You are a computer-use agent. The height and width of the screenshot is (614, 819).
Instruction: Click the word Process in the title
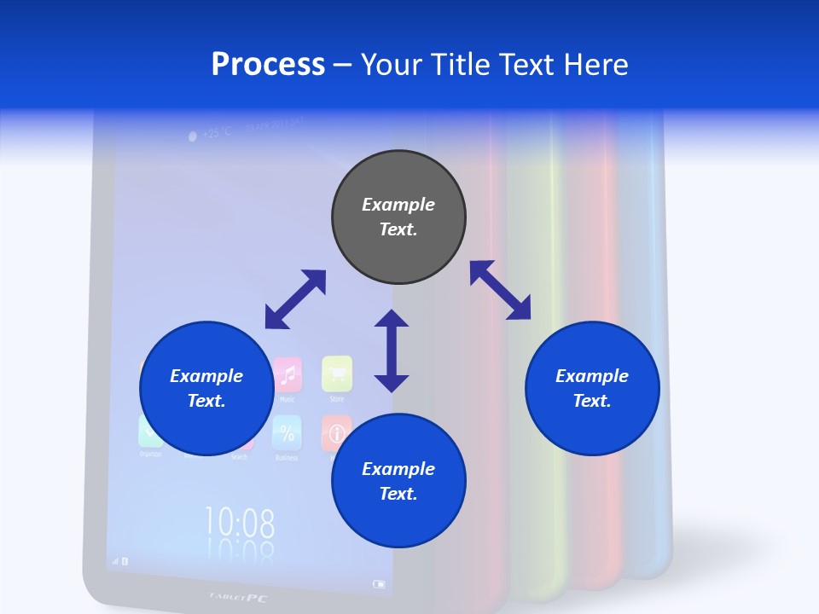click(x=268, y=65)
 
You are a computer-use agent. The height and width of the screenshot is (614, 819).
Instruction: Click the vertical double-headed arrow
click(x=392, y=350)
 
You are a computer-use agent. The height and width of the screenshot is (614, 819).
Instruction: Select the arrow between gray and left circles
click(x=295, y=299)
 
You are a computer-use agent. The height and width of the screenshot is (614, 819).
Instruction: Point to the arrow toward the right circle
click(x=501, y=290)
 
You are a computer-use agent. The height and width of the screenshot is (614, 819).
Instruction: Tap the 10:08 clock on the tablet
click(x=240, y=521)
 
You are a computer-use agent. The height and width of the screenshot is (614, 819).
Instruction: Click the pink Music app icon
click(x=288, y=374)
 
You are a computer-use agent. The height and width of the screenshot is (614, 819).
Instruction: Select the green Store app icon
click(x=337, y=373)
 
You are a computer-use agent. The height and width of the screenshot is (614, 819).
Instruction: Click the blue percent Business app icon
click(x=287, y=433)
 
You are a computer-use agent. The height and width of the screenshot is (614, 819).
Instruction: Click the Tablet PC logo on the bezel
click(x=239, y=598)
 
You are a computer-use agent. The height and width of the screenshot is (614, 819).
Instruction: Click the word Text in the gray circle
click(x=398, y=229)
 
